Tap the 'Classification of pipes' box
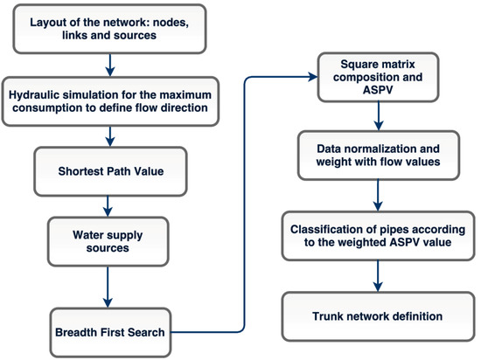375,234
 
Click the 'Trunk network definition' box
375,315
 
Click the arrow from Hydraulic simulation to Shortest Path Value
110,135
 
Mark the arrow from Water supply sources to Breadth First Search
110,288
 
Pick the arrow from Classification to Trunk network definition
375,275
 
